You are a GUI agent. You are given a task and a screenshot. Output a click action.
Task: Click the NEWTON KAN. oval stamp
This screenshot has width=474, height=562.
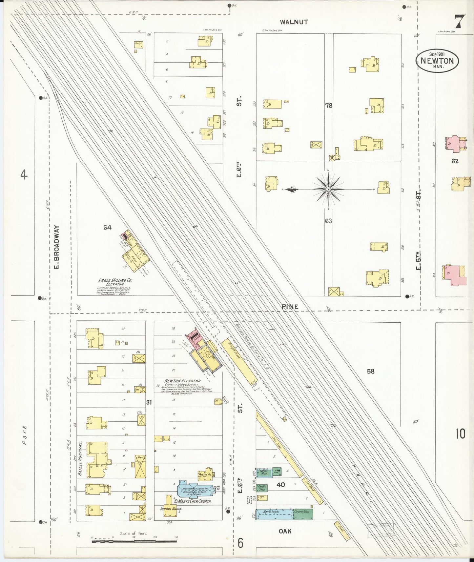pyautogui.click(x=437, y=61)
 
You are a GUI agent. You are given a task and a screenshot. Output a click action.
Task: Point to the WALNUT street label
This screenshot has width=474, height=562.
pyautogui.click(x=294, y=22)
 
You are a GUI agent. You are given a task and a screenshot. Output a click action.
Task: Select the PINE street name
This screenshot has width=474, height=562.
pyautogui.click(x=290, y=307)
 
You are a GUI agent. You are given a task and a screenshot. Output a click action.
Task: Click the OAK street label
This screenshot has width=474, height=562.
pyautogui.click(x=285, y=531)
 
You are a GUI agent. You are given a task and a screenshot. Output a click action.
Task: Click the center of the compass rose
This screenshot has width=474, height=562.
pyautogui.click(x=328, y=189)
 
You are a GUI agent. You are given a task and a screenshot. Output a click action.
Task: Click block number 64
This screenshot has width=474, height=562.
pyautogui.click(x=107, y=227)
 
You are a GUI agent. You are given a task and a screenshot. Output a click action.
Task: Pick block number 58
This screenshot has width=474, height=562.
pyautogui.click(x=370, y=371)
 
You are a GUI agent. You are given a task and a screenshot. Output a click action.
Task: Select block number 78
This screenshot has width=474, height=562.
pyautogui.click(x=328, y=106)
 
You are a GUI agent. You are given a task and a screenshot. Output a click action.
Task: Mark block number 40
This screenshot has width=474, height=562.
pyautogui.click(x=280, y=484)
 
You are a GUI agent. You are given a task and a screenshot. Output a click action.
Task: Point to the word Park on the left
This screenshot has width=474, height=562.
pyautogui.click(x=25, y=435)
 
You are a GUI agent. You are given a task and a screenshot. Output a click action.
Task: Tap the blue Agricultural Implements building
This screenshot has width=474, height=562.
pyautogui.click(x=274, y=514)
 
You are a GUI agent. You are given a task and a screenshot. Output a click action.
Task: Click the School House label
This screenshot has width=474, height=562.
pyautogui.click(x=171, y=509)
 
